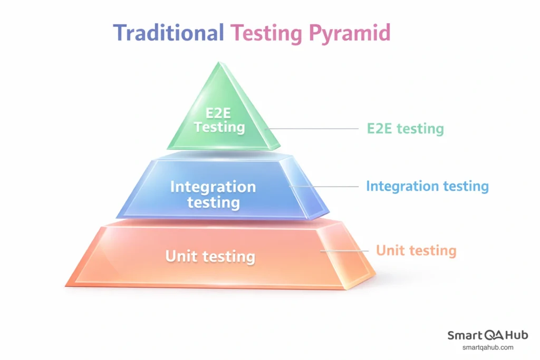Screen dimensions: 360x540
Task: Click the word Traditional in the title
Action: (169, 33)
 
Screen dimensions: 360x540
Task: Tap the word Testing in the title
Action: (266, 33)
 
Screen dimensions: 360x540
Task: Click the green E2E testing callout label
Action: (405, 129)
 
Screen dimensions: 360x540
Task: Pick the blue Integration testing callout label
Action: (427, 186)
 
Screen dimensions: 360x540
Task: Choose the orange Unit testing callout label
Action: (416, 250)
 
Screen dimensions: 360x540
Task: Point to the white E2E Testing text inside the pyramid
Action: (219, 120)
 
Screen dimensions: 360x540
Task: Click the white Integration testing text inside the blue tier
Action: (213, 194)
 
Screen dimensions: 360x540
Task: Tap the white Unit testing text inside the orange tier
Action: (210, 257)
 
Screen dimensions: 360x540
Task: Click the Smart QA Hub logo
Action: (488, 335)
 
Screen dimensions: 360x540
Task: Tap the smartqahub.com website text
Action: (488, 348)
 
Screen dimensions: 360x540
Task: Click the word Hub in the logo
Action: (516, 335)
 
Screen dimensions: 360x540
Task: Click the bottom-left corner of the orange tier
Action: (66, 286)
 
